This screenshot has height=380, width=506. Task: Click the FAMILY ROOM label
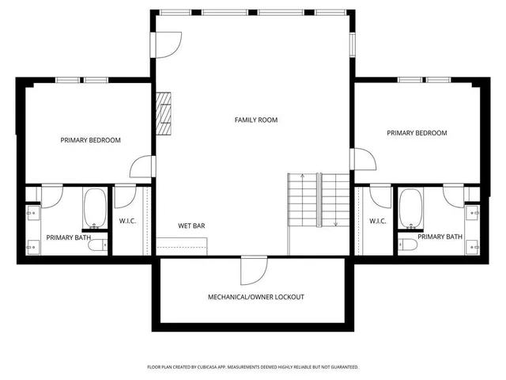pyautogui.click(x=256, y=120)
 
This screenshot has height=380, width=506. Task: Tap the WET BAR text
pyautogui.click(x=191, y=226)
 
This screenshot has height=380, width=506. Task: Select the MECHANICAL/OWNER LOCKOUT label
pyautogui.click(x=255, y=297)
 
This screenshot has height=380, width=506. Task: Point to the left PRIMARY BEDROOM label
pyautogui.click(x=91, y=140)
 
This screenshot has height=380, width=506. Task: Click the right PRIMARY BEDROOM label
pyautogui.click(x=417, y=133)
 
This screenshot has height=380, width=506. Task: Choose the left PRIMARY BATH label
pyautogui.click(x=68, y=237)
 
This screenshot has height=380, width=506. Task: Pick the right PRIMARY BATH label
pyautogui.click(x=440, y=237)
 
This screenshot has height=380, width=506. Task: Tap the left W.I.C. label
pyautogui.click(x=127, y=221)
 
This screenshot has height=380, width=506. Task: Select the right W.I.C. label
pyautogui.click(x=378, y=221)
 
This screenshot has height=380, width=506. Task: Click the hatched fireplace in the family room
pyautogui.click(x=164, y=113)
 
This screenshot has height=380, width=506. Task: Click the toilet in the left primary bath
pyautogui.click(x=97, y=246)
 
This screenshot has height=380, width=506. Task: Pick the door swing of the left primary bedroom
pyautogui.click(x=142, y=167)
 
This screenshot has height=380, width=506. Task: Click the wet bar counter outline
pyautogui.click(x=182, y=246)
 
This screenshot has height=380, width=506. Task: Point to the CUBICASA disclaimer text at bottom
pyautogui.click(x=253, y=367)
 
